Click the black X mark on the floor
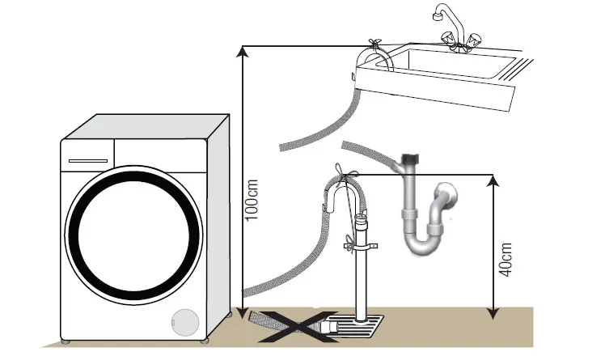(302, 325)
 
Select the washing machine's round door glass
(134, 242)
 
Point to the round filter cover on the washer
(186, 322)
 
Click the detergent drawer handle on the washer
(87, 160)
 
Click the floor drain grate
(355, 328)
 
